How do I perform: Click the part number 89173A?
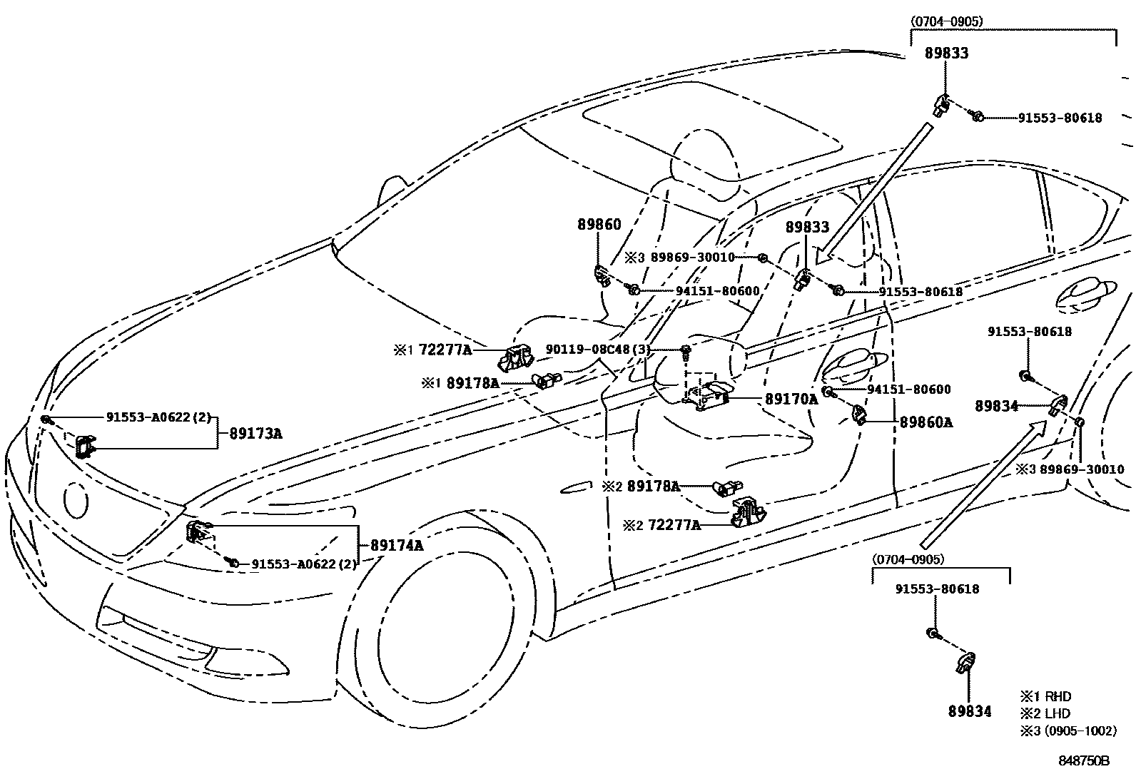[x=255, y=433]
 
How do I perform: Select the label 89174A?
[x=397, y=546]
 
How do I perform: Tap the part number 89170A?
[x=791, y=399]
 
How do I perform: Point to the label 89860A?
[x=925, y=422]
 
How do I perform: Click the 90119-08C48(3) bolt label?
[x=598, y=350]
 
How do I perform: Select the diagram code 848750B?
[x=1083, y=761]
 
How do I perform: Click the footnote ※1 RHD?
[x=1045, y=696]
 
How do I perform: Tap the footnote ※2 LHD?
[x=1045, y=713]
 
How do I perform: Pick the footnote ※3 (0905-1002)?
[x=1067, y=730]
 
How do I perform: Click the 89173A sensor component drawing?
[x=85, y=446]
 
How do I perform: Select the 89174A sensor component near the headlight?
[x=198, y=531]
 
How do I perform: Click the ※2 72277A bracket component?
[x=748, y=511]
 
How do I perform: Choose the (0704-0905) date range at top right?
[x=947, y=21]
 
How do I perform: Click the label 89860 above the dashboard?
[x=599, y=225]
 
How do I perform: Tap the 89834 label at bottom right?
[x=970, y=712]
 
